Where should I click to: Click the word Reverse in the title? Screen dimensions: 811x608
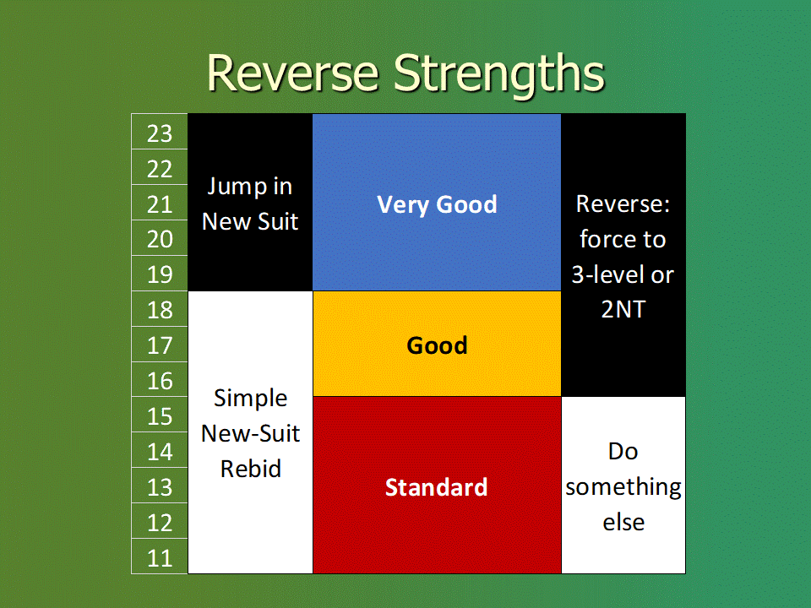tap(293, 73)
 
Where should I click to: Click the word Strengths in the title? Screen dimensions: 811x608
tap(498, 75)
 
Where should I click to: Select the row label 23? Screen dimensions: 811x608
tap(160, 134)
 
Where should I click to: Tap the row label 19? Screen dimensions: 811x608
tap(160, 274)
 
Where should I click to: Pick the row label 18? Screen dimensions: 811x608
tap(160, 310)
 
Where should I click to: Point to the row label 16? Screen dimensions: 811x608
tap(160, 381)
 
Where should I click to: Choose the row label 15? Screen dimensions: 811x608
tap(160, 416)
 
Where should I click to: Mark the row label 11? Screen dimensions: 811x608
tap(160, 558)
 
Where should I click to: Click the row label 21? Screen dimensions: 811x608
tap(160, 204)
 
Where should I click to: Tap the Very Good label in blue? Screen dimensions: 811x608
tap(437, 204)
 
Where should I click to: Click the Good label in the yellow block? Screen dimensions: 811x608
tap(437, 345)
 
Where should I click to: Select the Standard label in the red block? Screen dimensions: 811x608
tap(437, 487)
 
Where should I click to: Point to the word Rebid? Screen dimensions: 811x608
tap(251, 469)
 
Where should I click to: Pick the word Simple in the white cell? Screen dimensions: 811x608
tap(251, 399)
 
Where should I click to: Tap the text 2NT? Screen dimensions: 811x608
tap(623, 309)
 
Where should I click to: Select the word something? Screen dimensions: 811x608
tap(623, 487)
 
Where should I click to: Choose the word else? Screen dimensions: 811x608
tap(623, 522)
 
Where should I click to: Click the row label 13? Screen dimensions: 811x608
tap(160, 487)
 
